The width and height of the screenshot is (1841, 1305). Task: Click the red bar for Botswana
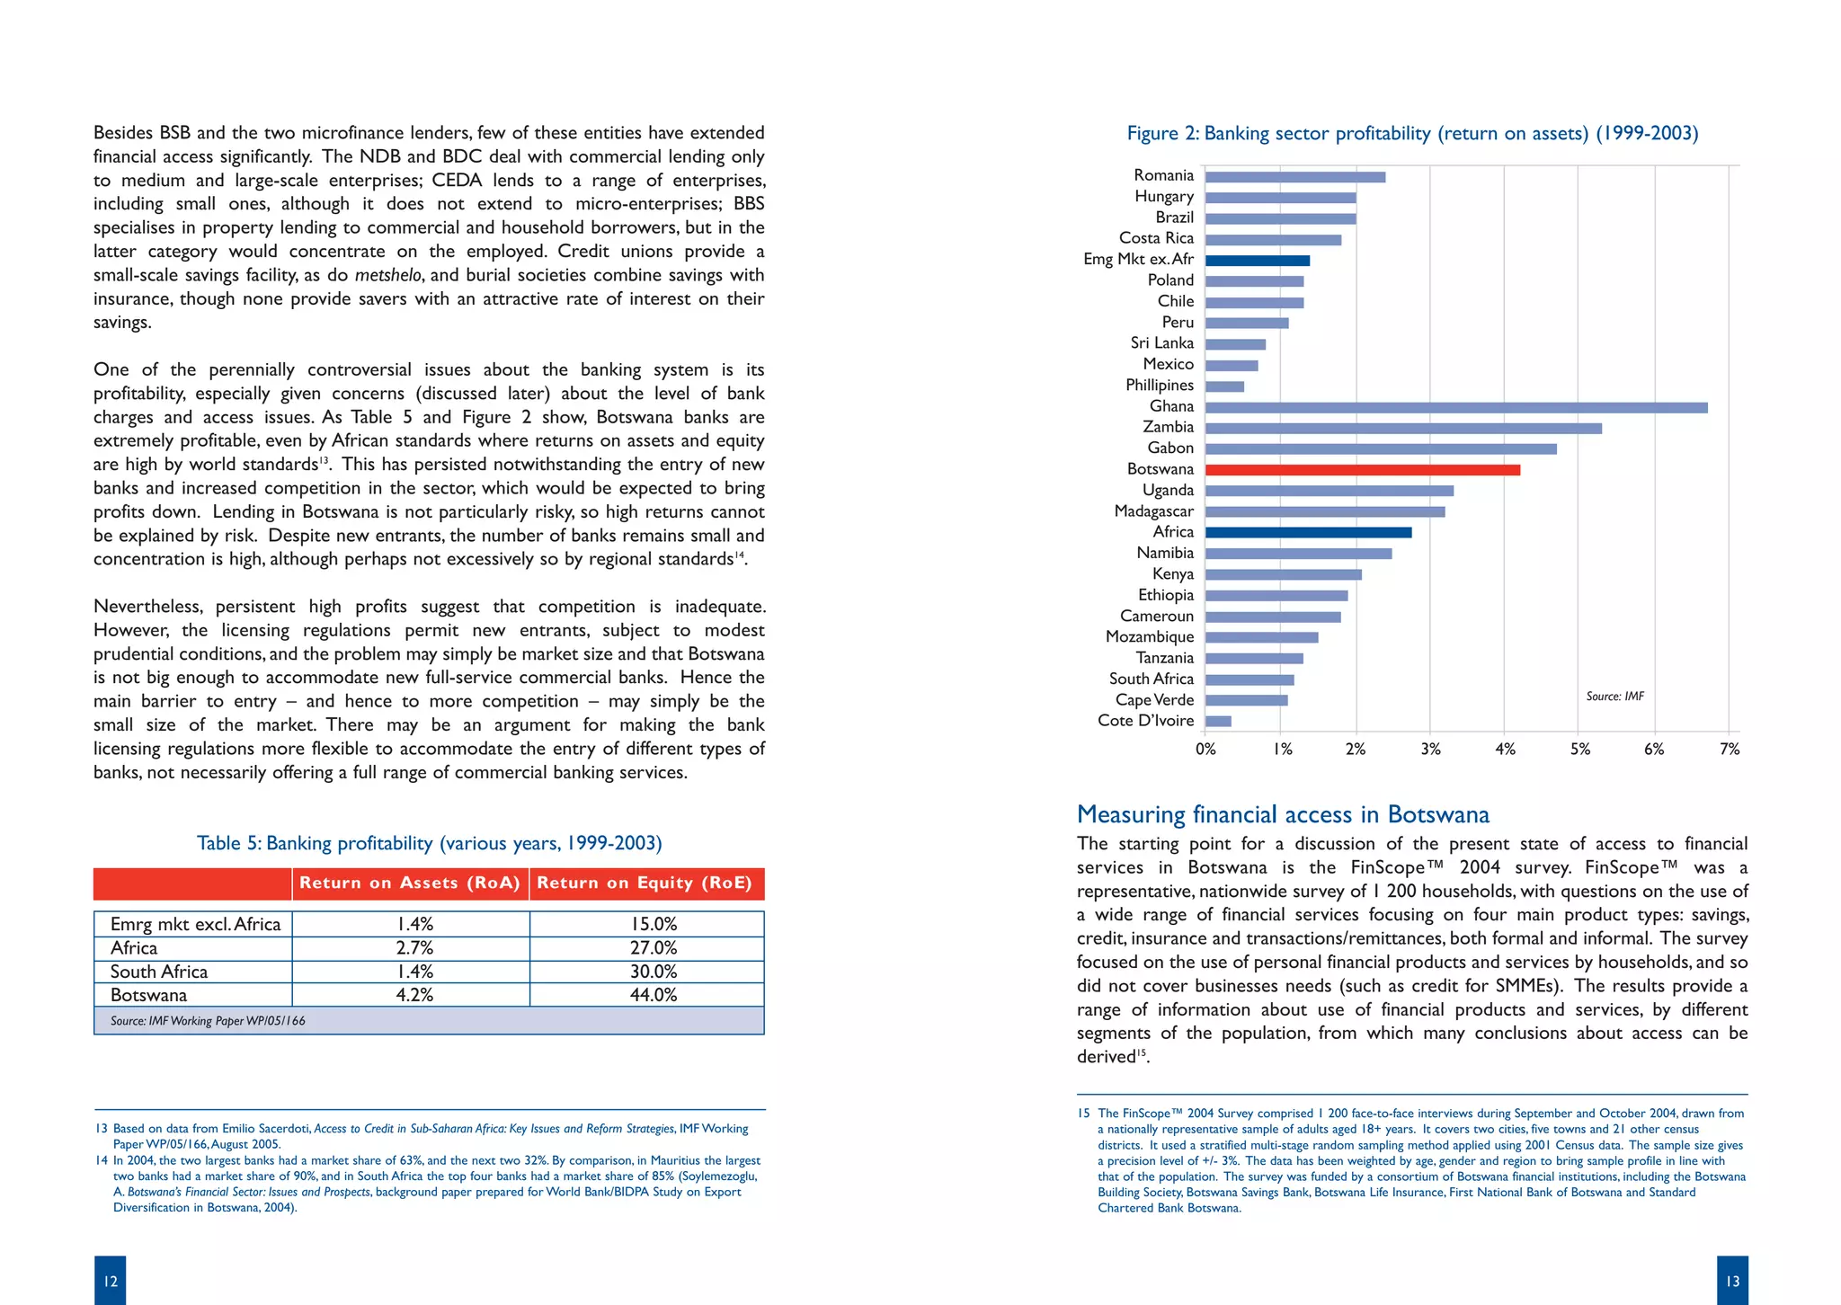click(1362, 470)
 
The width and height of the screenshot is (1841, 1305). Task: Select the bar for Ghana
click(1456, 408)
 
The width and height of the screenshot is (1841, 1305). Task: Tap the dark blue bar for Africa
click(1308, 533)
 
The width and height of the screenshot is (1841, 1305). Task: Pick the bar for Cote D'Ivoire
click(1218, 721)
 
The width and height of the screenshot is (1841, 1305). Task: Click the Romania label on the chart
click(1163, 175)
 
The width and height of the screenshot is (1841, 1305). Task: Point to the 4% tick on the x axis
click(1505, 750)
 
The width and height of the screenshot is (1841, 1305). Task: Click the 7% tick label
click(1729, 750)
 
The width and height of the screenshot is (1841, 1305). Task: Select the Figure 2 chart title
click(1412, 134)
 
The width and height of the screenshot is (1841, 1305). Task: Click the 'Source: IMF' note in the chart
click(1614, 697)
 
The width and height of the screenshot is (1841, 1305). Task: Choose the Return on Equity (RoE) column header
click(645, 883)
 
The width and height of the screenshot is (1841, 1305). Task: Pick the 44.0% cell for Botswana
click(654, 995)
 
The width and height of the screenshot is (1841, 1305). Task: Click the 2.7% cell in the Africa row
click(414, 948)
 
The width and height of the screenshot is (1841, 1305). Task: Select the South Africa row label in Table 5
click(159, 972)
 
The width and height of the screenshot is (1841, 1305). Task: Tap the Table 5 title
click(429, 843)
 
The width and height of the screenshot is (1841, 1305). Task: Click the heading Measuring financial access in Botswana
click(1283, 814)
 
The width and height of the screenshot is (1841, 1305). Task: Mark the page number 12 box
click(110, 1281)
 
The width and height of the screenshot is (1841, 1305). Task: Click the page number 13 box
click(1732, 1281)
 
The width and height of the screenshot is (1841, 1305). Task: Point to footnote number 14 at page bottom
click(102, 1160)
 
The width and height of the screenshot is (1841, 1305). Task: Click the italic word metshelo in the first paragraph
click(387, 276)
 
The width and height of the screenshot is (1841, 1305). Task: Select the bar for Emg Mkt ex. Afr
click(1257, 261)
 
